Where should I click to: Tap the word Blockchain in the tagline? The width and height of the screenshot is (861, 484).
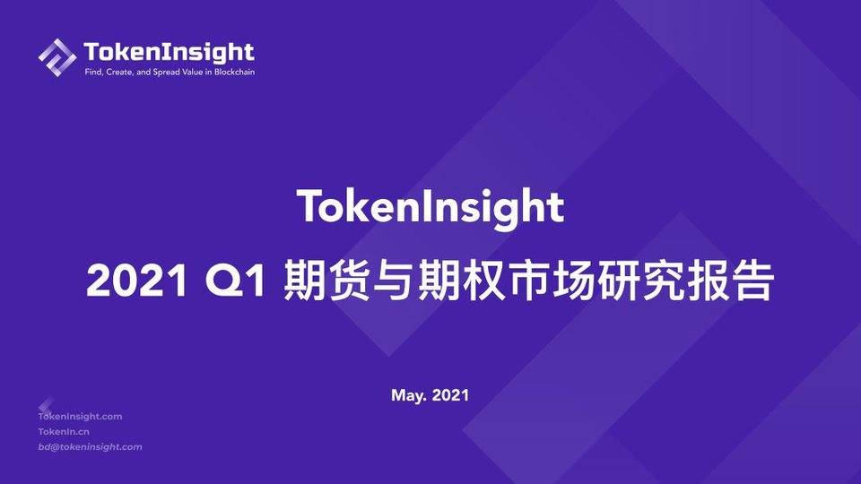pyautogui.click(x=234, y=72)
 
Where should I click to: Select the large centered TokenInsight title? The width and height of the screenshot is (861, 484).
pyautogui.click(x=430, y=207)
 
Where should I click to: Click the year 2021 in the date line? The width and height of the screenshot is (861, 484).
pyautogui.click(x=450, y=394)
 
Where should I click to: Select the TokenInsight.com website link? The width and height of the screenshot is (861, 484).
pyautogui.click(x=80, y=416)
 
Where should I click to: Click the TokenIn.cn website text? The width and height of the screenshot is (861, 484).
pyautogui.click(x=64, y=431)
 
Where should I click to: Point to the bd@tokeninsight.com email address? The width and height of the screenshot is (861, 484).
pyautogui.click(x=90, y=446)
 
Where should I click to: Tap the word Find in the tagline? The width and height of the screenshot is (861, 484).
pyautogui.click(x=91, y=72)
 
